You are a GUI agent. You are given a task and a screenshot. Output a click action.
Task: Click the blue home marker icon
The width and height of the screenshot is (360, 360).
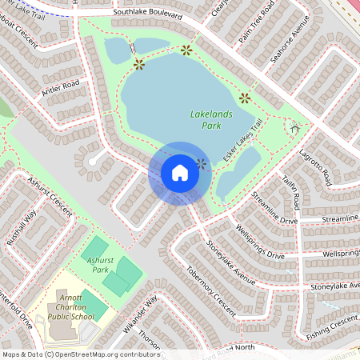pos(180,173)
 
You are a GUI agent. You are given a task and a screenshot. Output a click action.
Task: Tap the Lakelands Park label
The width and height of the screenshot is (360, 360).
pos(212,120)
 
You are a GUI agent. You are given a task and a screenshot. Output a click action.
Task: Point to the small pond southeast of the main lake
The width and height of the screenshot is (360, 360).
pos(238,172)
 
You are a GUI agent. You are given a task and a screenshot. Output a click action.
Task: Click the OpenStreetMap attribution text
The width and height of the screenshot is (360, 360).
pos(80,354)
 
